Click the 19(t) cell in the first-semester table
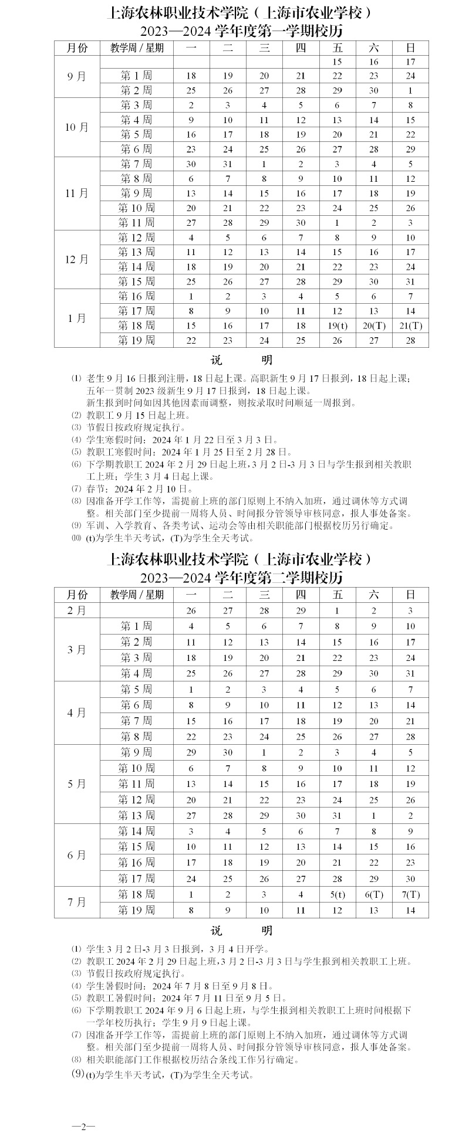(x=337, y=325)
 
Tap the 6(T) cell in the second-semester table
(x=374, y=894)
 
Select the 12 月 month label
(x=76, y=259)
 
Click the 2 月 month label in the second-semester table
(x=76, y=610)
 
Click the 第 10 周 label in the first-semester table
(x=136, y=208)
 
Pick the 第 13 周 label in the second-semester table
(x=136, y=815)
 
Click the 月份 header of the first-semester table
(x=76, y=48)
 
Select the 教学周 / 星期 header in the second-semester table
(x=137, y=595)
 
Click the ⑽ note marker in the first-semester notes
(x=76, y=538)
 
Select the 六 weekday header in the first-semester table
(x=374, y=48)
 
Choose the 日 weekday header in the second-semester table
(x=410, y=595)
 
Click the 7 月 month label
(x=76, y=902)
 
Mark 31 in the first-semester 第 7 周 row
(x=228, y=164)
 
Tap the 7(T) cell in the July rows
(x=410, y=894)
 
